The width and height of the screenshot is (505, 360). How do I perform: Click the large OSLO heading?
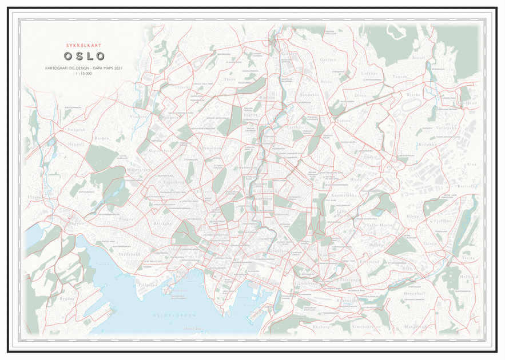tap(85, 56)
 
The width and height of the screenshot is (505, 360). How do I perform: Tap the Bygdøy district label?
tap(67, 298)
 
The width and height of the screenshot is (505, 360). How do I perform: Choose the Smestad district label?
tap(75, 130)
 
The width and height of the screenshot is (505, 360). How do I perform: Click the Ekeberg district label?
tap(322, 327)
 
